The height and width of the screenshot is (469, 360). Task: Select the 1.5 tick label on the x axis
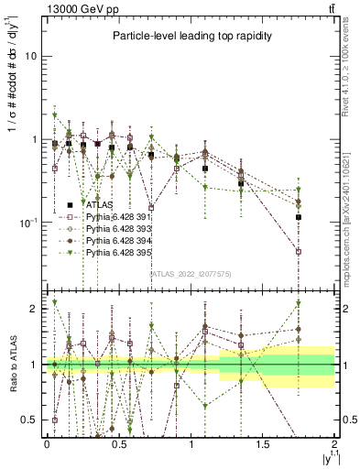click(x=264, y=443)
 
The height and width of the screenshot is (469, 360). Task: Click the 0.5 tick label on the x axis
click(x=119, y=443)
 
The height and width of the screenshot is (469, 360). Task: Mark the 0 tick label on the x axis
click(x=47, y=443)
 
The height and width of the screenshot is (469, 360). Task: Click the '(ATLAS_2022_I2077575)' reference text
click(x=190, y=273)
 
